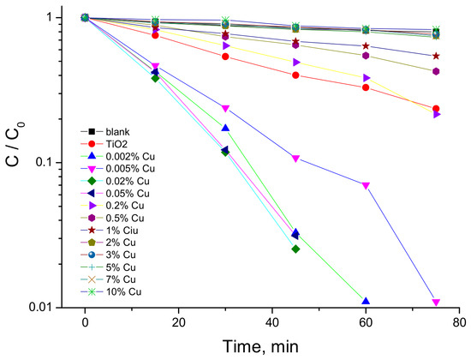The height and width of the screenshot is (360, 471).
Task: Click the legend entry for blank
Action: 105,132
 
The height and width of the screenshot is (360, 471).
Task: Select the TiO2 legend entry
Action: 104,144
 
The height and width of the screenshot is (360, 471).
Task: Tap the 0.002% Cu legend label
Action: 118,156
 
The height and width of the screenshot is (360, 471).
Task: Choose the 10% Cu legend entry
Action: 110,291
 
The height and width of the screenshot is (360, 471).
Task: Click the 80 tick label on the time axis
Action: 459,322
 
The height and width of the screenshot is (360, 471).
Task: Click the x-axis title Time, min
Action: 260,346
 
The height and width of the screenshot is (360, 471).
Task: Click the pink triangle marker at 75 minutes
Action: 436,302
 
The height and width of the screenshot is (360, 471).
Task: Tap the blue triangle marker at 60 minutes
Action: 366,301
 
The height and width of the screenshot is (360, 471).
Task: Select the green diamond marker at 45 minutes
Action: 295,249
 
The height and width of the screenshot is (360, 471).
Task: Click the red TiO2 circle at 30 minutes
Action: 225,57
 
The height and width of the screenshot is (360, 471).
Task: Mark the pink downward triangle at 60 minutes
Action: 366,185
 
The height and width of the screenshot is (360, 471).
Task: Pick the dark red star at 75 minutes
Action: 436,56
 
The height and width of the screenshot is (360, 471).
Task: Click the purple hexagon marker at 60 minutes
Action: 366,56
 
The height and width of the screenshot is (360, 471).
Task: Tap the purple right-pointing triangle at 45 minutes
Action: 296,63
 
